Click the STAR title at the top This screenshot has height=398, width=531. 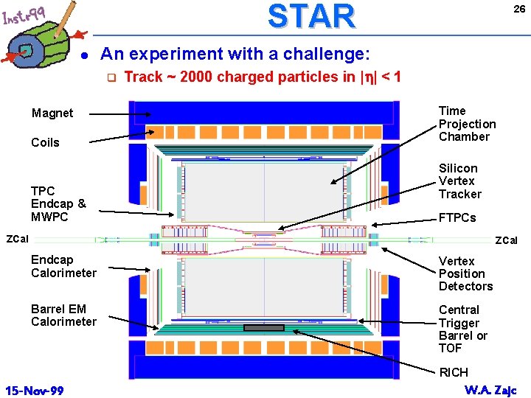(310, 16)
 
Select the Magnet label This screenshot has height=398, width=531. (52, 114)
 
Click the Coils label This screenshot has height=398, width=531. (45, 142)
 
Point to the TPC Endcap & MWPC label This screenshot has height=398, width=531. (58, 203)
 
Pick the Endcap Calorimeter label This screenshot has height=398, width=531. (63, 266)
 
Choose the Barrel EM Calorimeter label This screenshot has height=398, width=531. (63, 315)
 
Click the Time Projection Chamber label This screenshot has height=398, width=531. (467, 124)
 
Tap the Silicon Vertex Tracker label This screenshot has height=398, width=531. (459, 181)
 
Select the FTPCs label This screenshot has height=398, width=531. (457, 218)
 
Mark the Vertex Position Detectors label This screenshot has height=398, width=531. (465, 273)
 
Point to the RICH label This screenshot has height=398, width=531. (454, 372)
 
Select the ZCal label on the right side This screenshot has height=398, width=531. (506, 240)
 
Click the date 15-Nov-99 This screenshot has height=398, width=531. (33, 388)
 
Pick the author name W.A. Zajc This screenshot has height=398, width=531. (490, 389)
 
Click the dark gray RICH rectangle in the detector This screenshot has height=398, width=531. (263, 327)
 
